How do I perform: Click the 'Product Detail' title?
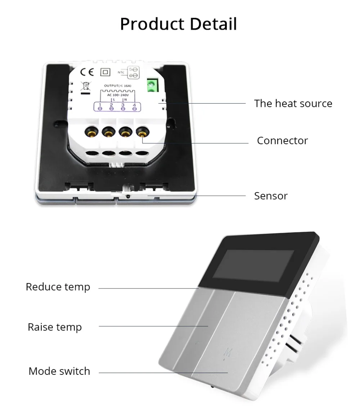click(178, 24)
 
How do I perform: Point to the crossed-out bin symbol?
click(85, 86)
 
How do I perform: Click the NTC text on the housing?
click(121, 72)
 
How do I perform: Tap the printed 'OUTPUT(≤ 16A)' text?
click(117, 86)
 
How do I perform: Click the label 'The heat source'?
click(293, 104)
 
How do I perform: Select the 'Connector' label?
click(282, 141)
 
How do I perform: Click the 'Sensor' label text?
click(271, 196)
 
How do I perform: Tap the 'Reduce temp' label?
click(58, 287)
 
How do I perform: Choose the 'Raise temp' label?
click(55, 327)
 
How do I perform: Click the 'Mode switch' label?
click(59, 371)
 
